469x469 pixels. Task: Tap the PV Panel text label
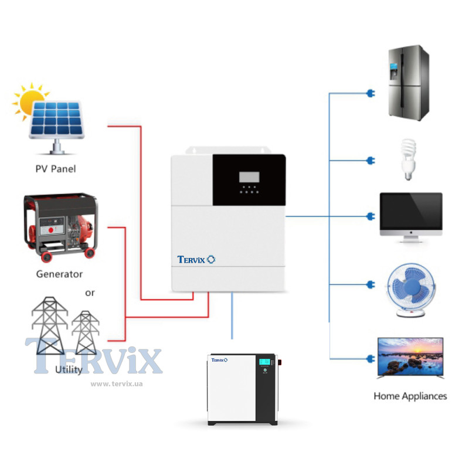(56, 169)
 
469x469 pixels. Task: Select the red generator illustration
(59, 226)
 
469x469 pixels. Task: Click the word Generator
(59, 274)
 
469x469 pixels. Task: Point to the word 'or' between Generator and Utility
(90, 292)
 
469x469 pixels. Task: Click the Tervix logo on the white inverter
(196, 259)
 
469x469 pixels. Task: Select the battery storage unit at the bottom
(242, 389)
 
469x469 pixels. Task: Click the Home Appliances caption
(410, 396)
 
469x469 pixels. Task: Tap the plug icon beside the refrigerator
(369, 93)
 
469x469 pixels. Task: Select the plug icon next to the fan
(369, 285)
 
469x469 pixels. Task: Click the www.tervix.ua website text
(117, 384)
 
